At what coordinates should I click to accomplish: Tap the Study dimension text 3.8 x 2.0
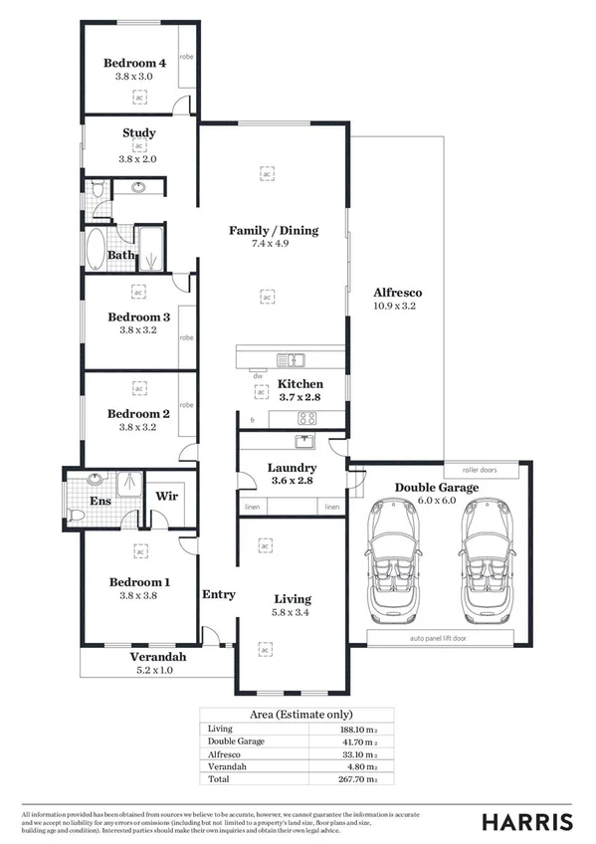point(138,158)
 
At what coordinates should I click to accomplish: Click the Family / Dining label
point(274,230)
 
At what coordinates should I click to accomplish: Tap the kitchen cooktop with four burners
point(307,419)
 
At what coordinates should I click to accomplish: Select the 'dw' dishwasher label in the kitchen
point(258,376)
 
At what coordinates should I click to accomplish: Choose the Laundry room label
point(292,467)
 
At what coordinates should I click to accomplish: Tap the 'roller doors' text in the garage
point(480,469)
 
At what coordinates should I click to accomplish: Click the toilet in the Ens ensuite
point(77,515)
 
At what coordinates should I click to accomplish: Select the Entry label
point(219,594)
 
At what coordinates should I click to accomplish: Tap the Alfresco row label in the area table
point(227,754)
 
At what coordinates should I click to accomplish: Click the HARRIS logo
point(527,821)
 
